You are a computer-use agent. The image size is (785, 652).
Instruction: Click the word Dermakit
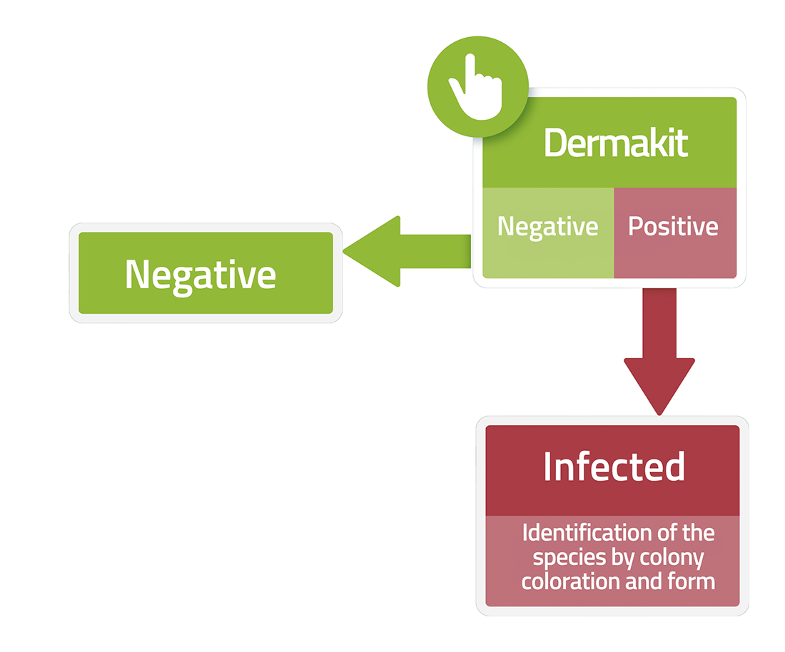(x=616, y=143)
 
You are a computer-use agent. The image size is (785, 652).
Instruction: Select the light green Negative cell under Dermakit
(x=548, y=233)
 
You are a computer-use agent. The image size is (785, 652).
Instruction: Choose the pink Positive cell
(x=675, y=233)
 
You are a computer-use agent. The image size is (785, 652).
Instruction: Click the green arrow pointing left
(x=407, y=251)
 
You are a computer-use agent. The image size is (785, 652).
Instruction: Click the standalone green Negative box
(x=206, y=273)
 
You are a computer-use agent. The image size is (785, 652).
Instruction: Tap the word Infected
(x=614, y=467)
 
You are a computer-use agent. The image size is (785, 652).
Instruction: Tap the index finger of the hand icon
(x=470, y=73)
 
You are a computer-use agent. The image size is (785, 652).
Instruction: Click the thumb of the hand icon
(x=457, y=90)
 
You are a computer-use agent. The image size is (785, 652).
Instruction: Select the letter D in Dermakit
(x=554, y=143)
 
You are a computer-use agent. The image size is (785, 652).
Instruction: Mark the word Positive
(x=674, y=226)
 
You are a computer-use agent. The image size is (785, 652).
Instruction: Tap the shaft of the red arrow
(x=659, y=323)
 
